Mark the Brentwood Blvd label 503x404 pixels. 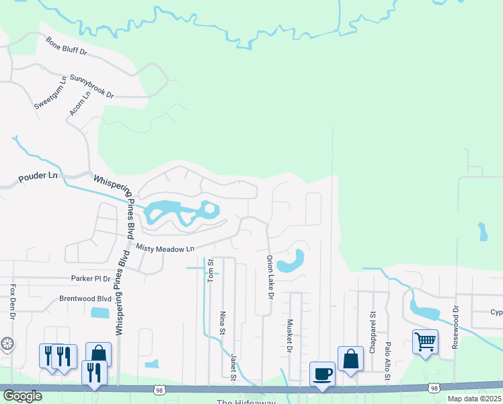pyautogui.click(x=85, y=298)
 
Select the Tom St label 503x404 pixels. pyautogui.click(x=210, y=269)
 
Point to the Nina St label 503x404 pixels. pyautogui.click(x=222, y=322)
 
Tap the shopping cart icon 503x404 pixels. pyautogui.click(x=425, y=341)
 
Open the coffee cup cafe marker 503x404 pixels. pyautogui.click(x=322, y=373)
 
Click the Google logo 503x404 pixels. pyautogui.click(x=22, y=396)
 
